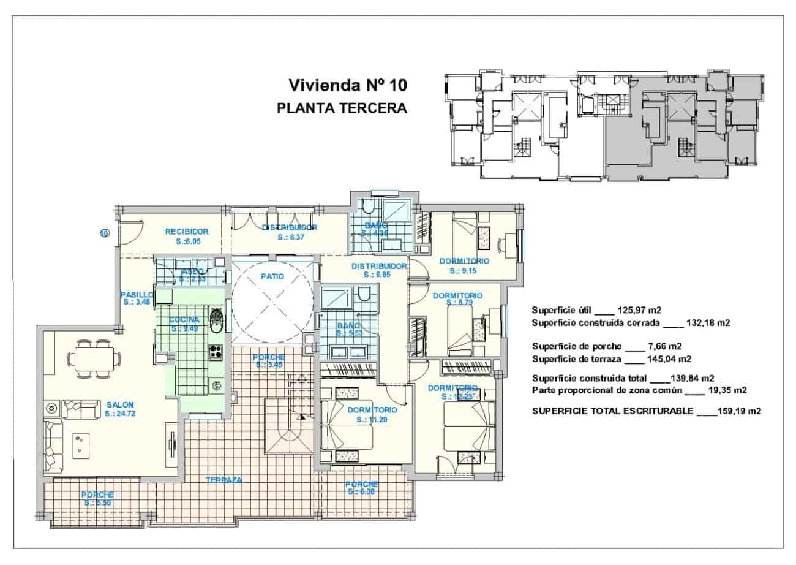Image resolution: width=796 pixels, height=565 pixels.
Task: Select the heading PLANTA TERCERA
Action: [342, 108]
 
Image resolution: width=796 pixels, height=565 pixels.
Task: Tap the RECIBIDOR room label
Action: [187, 232]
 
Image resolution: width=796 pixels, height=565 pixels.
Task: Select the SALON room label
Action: [119, 404]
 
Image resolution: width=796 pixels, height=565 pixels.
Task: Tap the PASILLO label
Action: [136, 294]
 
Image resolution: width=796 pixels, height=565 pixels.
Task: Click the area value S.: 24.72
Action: [119, 414]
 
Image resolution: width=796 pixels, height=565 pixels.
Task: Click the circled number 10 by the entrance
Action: [104, 232]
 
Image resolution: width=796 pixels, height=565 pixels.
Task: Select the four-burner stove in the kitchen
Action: [216, 351]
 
